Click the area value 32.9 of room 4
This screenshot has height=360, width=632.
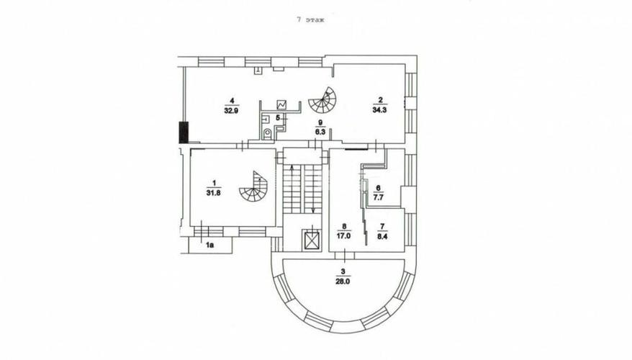(x=232, y=110)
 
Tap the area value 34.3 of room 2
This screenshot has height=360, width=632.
(x=379, y=109)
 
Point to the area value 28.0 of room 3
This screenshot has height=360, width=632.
(x=343, y=282)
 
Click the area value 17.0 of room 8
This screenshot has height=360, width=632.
(x=344, y=237)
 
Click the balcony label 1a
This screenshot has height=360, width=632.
(x=209, y=245)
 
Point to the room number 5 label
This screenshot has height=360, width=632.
(x=278, y=117)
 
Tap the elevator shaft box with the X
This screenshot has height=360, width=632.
(x=312, y=240)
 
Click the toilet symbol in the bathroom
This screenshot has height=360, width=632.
(x=267, y=133)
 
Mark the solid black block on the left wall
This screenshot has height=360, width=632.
(x=184, y=132)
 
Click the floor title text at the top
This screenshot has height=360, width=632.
(x=310, y=19)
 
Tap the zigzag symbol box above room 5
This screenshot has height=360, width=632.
(x=281, y=104)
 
